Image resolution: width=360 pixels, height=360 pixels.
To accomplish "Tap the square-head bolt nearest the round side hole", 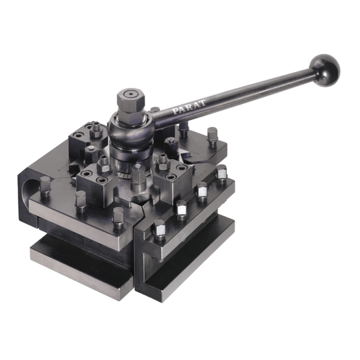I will [x=45, y=185].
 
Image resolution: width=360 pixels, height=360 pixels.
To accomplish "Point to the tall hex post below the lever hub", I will [x=138, y=177].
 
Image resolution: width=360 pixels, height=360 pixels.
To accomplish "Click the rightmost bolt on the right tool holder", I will [x=221, y=173].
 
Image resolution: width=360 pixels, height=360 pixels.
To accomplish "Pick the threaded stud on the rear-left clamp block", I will [x=95, y=129].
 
